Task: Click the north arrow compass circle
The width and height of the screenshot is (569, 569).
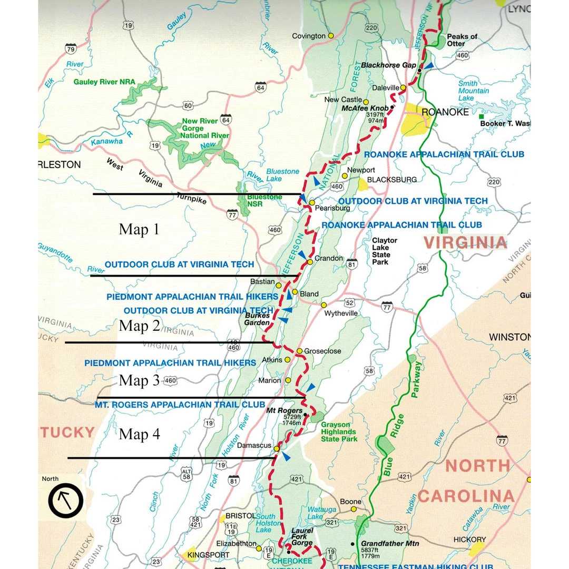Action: [x=66, y=500]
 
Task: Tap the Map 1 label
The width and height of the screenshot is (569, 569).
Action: [x=139, y=229]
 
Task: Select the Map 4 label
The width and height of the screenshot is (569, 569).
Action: [x=139, y=434]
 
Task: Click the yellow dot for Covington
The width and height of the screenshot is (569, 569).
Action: [x=331, y=36]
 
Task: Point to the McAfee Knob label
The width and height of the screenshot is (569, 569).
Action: [x=365, y=108]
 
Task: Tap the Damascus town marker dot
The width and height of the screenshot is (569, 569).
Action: [x=276, y=448]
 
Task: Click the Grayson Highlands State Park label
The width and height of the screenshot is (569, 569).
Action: [x=339, y=431]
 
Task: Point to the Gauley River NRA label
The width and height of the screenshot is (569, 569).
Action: [x=104, y=82]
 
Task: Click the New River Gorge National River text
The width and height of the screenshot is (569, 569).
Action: [x=205, y=128]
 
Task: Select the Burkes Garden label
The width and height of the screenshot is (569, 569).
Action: [x=257, y=319]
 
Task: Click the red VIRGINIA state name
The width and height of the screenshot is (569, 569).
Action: [x=466, y=242]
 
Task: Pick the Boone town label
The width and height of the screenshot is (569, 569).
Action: [x=350, y=502]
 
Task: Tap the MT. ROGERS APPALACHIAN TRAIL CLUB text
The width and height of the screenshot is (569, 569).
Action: [x=180, y=405]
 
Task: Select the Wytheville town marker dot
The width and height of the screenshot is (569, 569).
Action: [x=323, y=305]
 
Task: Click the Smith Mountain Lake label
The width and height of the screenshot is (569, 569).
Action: [x=473, y=91]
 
